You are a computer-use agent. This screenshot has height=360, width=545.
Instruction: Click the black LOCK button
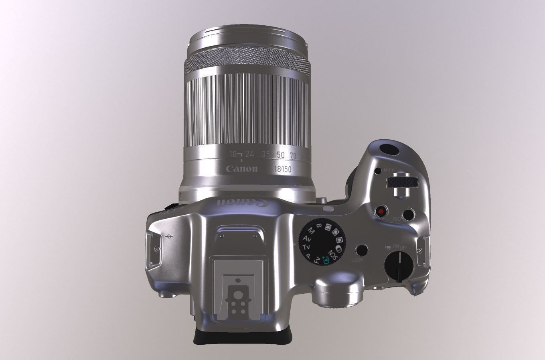click(362, 250)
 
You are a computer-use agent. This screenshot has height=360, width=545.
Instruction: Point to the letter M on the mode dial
click(310, 231)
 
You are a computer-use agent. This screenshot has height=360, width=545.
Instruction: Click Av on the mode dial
click(307, 239)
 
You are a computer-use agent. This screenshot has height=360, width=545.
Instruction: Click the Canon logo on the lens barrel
click(241, 169)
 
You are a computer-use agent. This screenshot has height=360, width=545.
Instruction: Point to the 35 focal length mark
click(265, 154)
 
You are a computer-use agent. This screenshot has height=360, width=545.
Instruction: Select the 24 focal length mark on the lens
click(249, 154)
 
